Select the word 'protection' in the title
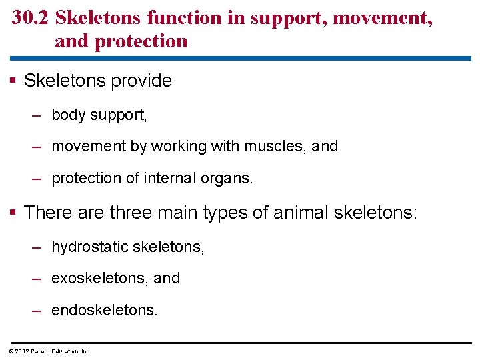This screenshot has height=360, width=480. pyautogui.click(x=141, y=41)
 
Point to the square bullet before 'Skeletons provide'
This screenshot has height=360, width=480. pyautogui.click(x=15, y=81)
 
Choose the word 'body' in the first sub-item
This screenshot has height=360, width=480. pyautogui.click(x=69, y=115)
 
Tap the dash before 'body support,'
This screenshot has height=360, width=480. pyautogui.click(x=37, y=115)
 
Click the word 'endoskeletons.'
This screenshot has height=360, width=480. pyautogui.click(x=105, y=309)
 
